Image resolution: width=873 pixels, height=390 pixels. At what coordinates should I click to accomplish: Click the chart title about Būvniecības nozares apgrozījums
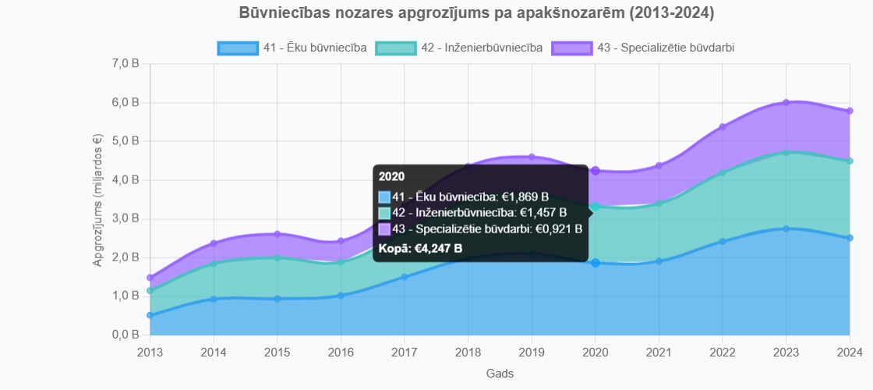coord(475,13)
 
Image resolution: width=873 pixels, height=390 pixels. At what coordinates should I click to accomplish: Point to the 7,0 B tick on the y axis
coord(126,64)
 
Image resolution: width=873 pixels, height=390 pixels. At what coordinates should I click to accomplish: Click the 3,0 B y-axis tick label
coord(126,218)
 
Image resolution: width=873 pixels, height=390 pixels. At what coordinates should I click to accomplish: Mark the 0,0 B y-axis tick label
coord(126,335)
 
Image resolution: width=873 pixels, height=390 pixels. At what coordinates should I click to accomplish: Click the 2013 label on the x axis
coord(150,352)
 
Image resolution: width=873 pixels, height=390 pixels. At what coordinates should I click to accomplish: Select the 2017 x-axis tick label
coord(404,352)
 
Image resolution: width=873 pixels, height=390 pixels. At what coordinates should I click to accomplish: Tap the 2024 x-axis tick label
coord(849,352)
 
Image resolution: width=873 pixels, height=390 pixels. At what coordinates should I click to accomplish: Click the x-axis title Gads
coord(500,374)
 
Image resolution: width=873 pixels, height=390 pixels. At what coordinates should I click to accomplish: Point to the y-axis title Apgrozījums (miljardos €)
coord(97,200)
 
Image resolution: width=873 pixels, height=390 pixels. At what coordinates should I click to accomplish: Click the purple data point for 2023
coord(786,102)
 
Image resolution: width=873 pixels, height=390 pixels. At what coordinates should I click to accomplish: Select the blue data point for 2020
coord(596,263)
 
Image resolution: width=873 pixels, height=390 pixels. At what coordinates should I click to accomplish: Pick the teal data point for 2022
coord(722,172)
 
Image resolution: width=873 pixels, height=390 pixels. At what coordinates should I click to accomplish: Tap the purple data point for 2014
coord(214,243)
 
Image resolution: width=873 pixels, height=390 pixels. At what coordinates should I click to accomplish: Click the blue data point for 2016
coord(341,296)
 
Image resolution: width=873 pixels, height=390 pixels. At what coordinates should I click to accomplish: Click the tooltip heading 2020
coord(391,176)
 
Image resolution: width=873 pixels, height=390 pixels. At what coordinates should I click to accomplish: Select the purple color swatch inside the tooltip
coord(384,229)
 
